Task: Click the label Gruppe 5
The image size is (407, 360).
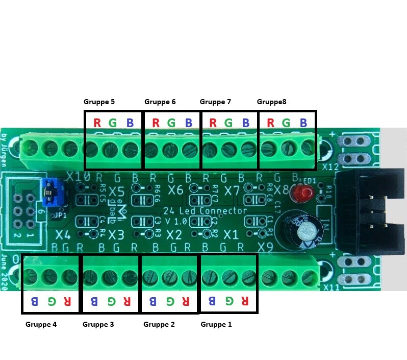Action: [x=99, y=102]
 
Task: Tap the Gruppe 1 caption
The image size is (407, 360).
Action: [x=216, y=324]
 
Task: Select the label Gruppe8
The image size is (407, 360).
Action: [x=271, y=102]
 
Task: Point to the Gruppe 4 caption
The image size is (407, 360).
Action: [x=41, y=324]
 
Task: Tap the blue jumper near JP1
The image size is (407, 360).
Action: [x=52, y=192]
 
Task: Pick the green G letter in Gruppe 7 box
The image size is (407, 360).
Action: [x=228, y=123]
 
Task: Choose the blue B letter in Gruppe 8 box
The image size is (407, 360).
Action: [x=303, y=123]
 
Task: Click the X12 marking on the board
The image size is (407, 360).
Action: [x=330, y=166]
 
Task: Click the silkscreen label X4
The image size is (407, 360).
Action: [x=63, y=235]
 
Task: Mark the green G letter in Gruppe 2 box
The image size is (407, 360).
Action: [x=168, y=301]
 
